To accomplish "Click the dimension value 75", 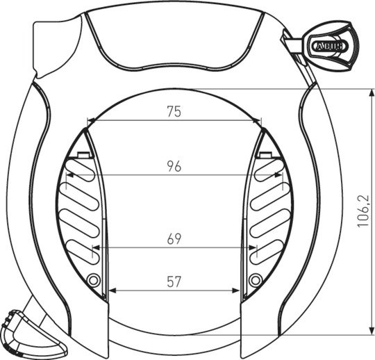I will pos(174,111).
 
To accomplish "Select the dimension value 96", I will pos(174,166).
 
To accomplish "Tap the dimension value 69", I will pos(174,238).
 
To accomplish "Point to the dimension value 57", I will pos(174,282).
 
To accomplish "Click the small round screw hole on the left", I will pos(94,280).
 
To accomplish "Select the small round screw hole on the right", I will pos(256,280).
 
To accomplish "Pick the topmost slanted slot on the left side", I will pos(81,170).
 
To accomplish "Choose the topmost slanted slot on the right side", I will pos(267,170).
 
